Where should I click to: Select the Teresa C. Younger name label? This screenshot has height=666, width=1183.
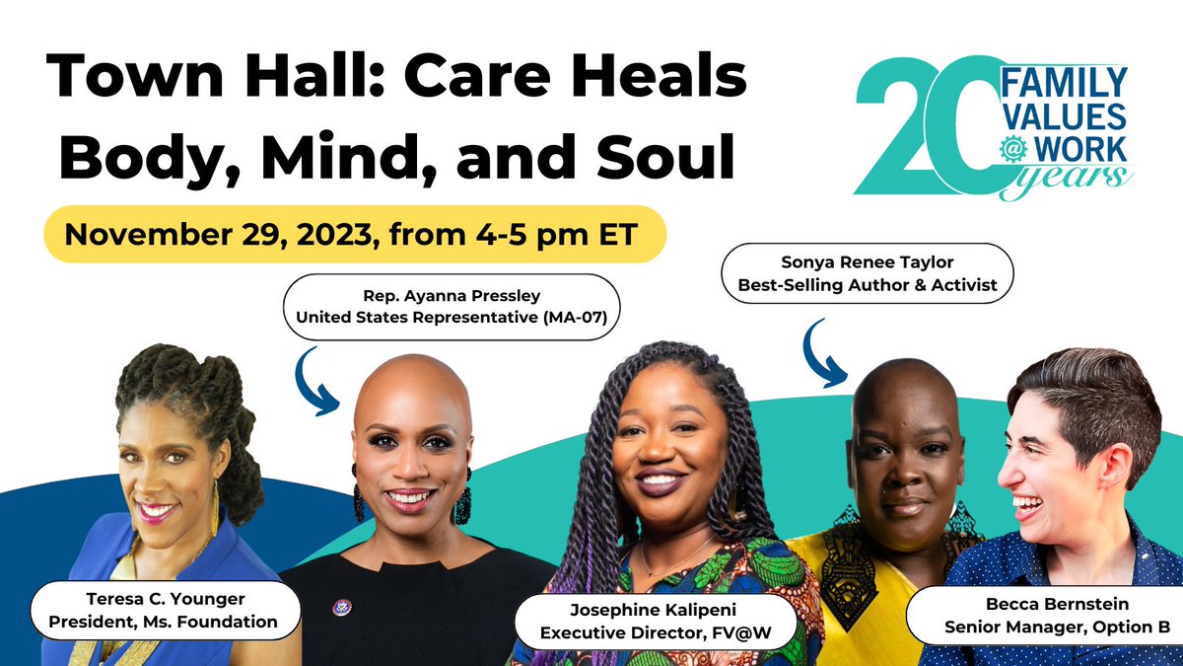coord(165,611)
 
